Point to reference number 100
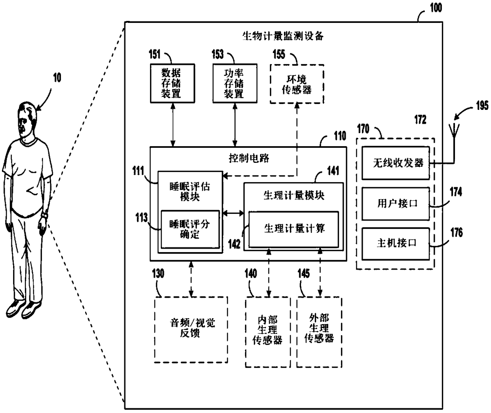tap(436, 8)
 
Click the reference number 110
tap(340, 136)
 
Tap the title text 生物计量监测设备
tap(283, 36)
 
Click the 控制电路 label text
tap(249, 158)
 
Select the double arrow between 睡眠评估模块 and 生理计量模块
tap(233, 213)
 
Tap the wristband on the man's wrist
tap(44, 215)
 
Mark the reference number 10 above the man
tap(57, 77)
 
